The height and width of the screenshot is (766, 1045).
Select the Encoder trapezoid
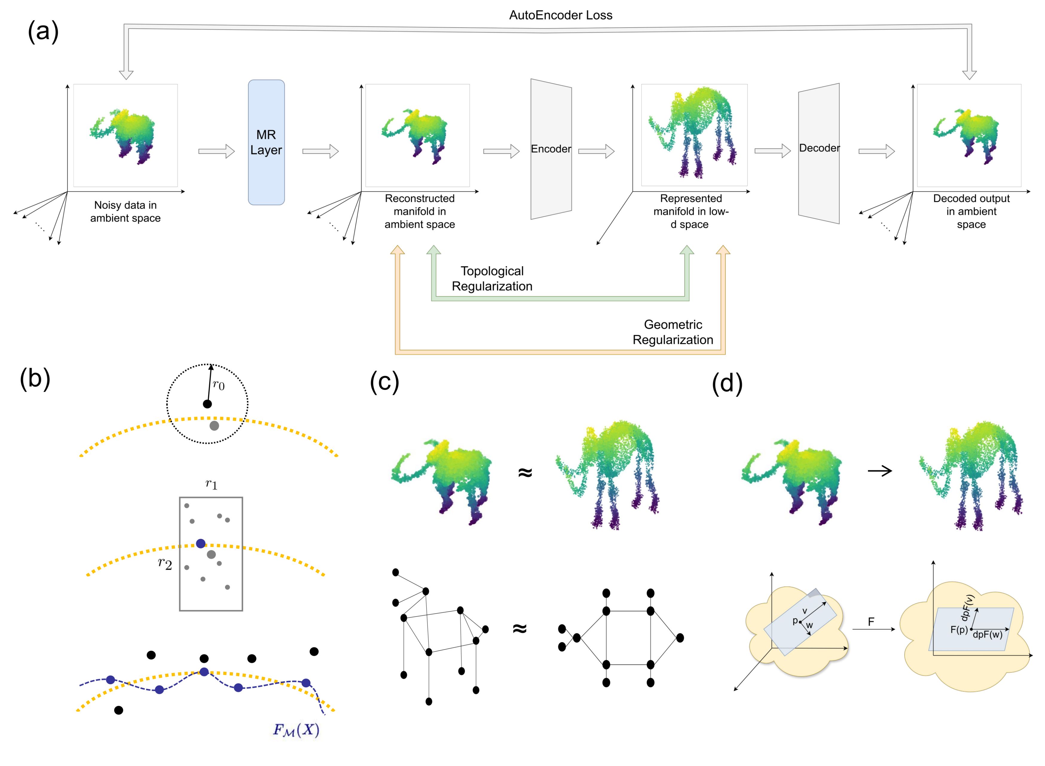[551, 149]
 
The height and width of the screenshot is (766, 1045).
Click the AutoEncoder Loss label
[560, 15]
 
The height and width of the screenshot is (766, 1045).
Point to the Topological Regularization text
[492, 279]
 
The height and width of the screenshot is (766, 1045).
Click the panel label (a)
[43, 32]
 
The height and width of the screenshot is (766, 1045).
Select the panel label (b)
[35, 379]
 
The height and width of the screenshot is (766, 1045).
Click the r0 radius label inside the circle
[219, 385]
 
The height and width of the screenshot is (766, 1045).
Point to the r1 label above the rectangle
[211, 484]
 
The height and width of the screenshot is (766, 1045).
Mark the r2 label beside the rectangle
[165, 564]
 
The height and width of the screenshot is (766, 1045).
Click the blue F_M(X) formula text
[296, 730]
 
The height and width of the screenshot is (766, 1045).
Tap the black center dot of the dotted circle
[207, 404]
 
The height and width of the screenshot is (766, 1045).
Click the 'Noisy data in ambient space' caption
[125, 212]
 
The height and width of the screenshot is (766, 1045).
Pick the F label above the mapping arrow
[871, 622]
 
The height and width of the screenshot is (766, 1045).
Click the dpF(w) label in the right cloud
[987, 635]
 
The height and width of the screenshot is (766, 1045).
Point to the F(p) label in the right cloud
[958, 630]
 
